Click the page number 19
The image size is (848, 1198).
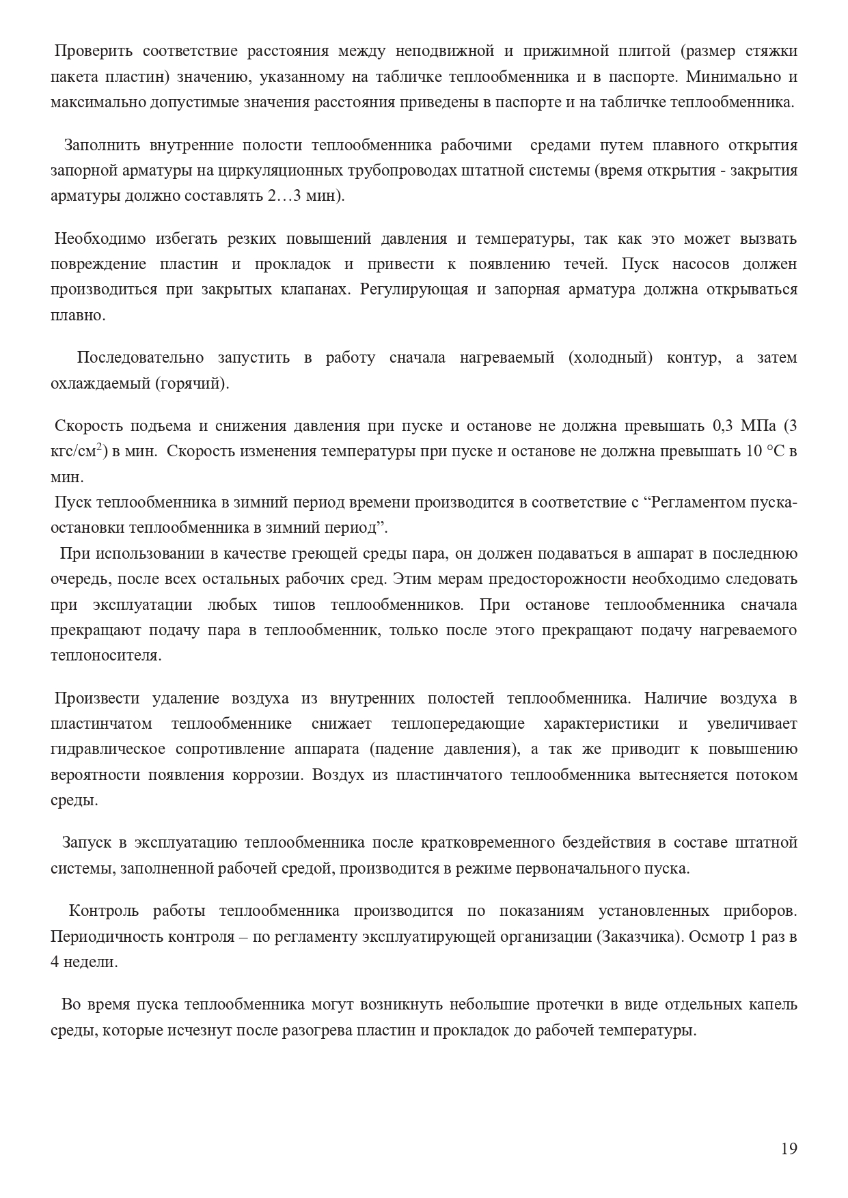[x=789, y=1148]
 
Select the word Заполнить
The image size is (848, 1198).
[x=102, y=145]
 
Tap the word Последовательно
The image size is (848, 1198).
[x=140, y=358]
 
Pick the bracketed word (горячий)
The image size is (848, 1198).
[x=193, y=383]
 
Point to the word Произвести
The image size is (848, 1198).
[x=98, y=698]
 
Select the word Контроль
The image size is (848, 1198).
[x=104, y=910]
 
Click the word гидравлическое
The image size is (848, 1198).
[x=107, y=749]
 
